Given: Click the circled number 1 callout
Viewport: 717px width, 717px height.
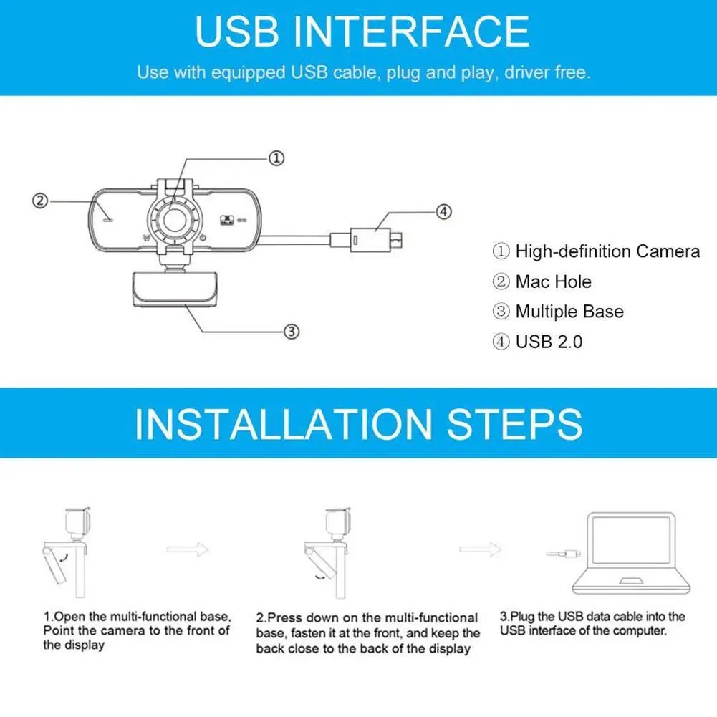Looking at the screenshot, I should pyautogui.click(x=277, y=158).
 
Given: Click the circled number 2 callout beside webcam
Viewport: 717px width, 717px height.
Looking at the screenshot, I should pyautogui.click(x=41, y=201).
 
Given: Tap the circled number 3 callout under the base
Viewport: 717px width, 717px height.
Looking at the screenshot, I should pyautogui.click(x=291, y=331).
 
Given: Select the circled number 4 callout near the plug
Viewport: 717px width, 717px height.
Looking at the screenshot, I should pyautogui.click(x=444, y=211).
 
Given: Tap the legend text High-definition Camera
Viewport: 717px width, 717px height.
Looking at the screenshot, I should pyautogui.click(x=607, y=251).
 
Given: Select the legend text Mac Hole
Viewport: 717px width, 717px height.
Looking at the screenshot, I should pyautogui.click(x=553, y=281).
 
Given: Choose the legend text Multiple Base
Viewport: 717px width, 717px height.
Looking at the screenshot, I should pyautogui.click(x=569, y=312).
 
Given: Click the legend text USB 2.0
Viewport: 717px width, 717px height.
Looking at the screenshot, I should pyautogui.click(x=549, y=342).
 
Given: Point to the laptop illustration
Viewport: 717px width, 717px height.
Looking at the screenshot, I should pyautogui.click(x=630, y=552).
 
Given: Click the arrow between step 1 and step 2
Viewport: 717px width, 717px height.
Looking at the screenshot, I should pyautogui.click(x=188, y=549).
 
